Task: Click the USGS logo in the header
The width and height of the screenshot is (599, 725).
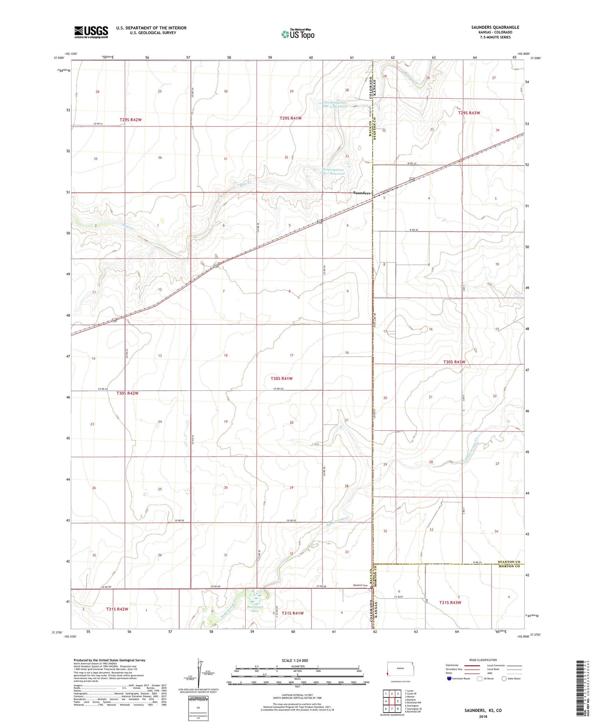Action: (91, 32)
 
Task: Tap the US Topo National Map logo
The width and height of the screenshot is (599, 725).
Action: (298, 34)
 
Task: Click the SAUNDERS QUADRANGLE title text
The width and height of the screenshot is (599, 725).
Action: (495, 27)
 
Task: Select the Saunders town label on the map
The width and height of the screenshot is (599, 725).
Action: (361, 193)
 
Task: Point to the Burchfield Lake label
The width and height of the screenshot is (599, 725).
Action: (255, 609)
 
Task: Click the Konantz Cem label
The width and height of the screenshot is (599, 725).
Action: (360, 586)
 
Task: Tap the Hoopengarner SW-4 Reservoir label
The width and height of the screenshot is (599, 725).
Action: (338, 104)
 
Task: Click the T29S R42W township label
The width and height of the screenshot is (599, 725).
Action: (131, 120)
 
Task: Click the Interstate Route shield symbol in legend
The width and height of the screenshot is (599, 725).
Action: (449, 678)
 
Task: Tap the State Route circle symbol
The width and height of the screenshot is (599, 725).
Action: (504, 678)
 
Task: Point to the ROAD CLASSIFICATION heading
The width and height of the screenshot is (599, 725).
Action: (483, 660)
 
